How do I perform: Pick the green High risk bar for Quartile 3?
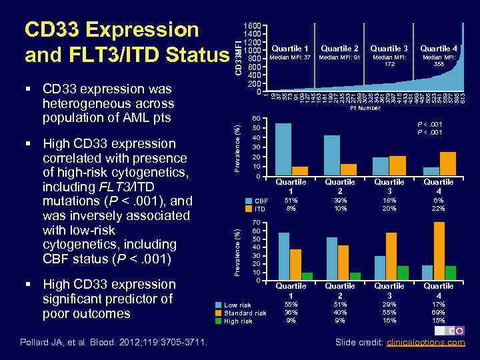(403, 273)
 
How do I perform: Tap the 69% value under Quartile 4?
(439, 312)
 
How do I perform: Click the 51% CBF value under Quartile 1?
(291, 200)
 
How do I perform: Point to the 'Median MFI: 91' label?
(339, 57)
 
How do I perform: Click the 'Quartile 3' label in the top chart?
(389, 48)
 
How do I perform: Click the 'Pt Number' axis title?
(365, 107)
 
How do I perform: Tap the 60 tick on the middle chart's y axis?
(257, 118)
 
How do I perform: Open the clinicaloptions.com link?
(427, 343)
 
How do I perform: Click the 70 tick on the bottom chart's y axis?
(257, 222)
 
